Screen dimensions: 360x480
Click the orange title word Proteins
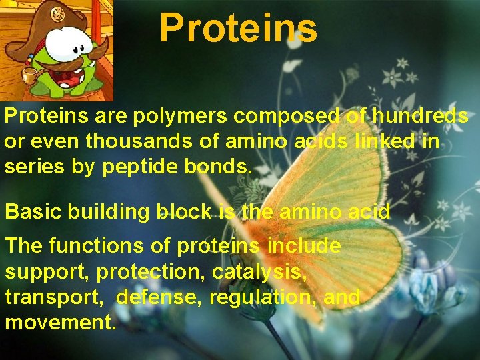238,28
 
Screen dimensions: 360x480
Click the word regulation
262,297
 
